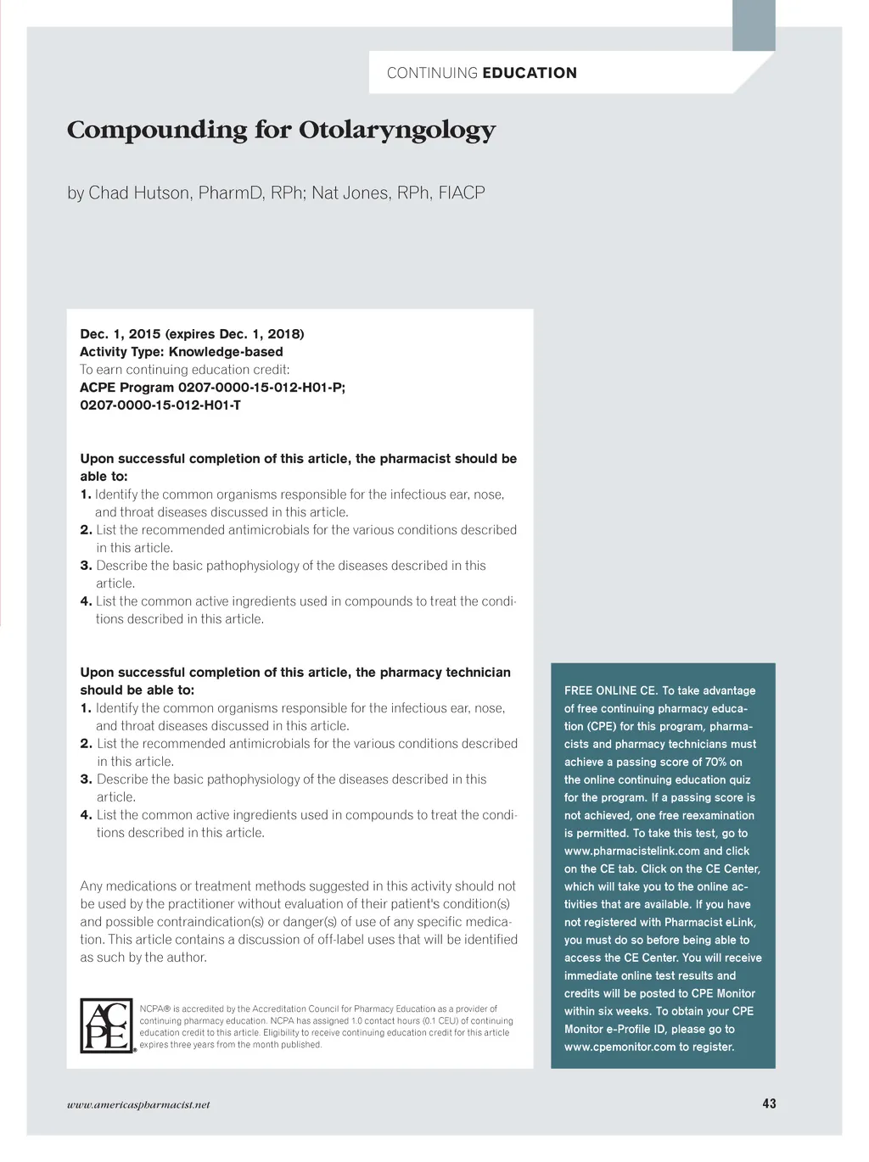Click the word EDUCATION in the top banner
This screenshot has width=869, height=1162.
(530, 73)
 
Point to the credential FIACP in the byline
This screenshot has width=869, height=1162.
(462, 193)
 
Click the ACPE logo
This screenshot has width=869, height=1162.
(107, 1025)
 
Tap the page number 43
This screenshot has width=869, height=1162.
(769, 1103)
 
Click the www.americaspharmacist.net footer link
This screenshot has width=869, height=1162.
(138, 1104)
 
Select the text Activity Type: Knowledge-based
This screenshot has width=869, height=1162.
(182, 352)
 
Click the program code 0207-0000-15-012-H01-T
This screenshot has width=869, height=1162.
(160, 405)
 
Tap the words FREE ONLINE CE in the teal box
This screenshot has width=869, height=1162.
(609, 690)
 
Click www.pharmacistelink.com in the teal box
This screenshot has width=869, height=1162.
(631, 851)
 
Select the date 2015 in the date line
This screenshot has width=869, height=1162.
(145, 334)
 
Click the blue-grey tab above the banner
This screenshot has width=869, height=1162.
(754, 25)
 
